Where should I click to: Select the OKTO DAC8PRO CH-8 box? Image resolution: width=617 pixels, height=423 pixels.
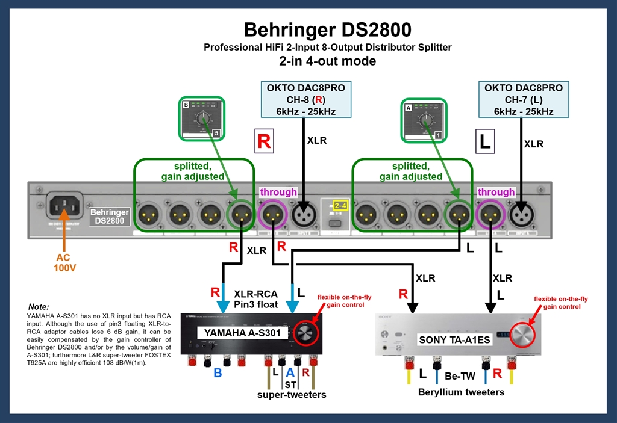[x=306, y=100]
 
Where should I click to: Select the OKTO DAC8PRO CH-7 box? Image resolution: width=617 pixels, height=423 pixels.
[x=524, y=100]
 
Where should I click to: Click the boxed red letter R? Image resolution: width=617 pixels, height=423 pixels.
[x=264, y=141]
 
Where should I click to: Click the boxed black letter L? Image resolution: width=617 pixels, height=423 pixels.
[x=485, y=141]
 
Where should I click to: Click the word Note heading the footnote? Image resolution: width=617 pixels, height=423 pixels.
[x=39, y=306]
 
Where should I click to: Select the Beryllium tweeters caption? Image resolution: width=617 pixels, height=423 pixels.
[x=461, y=392]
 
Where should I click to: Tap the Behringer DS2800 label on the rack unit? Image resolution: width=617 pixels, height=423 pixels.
[x=108, y=217]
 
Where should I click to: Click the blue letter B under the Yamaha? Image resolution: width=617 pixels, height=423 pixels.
[x=218, y=373]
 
